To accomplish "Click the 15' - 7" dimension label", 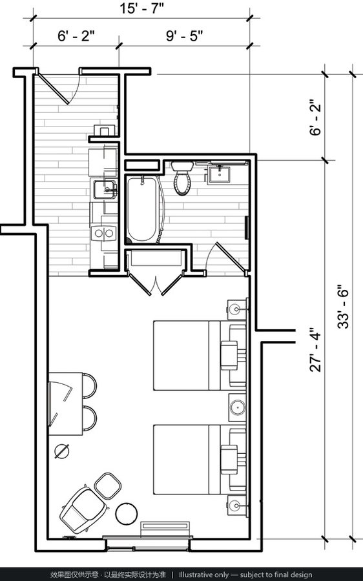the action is [x=141, y=8].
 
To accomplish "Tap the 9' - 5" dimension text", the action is [x=184, y=36].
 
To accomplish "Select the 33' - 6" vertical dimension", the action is [x=344, y=306].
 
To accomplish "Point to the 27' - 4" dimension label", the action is [x=316, y=349].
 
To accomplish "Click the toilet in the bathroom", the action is [x=182, y=178].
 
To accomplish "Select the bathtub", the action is [x=142, y=209].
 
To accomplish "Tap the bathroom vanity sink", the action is [x=219, y=175].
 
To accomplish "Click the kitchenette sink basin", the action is [x=104, y=189].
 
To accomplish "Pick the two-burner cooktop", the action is [x=104, y=232].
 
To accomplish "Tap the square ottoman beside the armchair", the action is [x=107, y=485].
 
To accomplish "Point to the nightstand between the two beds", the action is [x=237, y=407].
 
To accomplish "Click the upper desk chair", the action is [x=89, y=386].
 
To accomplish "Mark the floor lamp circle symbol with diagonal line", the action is [x=61, y=451].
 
